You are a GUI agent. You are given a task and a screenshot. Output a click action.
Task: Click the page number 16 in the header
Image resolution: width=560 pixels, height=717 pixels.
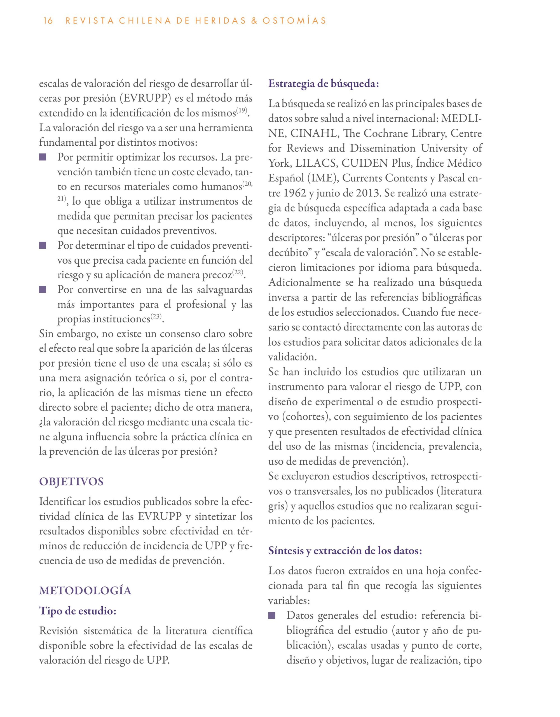pyautogui.click(x=48, y=21)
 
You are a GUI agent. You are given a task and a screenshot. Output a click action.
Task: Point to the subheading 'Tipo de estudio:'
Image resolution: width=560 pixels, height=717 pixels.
pyautogui.click(x=78, y=611)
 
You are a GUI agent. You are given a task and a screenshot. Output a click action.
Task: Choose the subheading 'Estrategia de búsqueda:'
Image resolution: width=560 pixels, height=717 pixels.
pyautogui.click(x=324, y=84)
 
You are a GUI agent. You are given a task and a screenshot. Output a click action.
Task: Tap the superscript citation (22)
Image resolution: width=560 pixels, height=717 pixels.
pyautogui.click(x=238, y=272)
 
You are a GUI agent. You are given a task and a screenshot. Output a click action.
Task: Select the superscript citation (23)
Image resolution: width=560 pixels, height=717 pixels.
pyautogui.click(x=156, y=316)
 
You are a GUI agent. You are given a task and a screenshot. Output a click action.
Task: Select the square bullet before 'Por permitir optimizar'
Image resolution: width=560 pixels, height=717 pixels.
pyautogui.click(x=43, y=157)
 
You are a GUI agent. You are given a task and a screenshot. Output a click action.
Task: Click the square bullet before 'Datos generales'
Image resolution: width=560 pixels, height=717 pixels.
pyautogui.click(x=272, y=615)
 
